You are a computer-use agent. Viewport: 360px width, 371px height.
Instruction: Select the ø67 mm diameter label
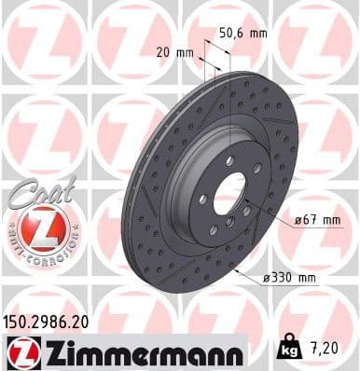click(x=312, y=219)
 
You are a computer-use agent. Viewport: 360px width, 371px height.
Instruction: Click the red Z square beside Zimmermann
click(x=20, y=352)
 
